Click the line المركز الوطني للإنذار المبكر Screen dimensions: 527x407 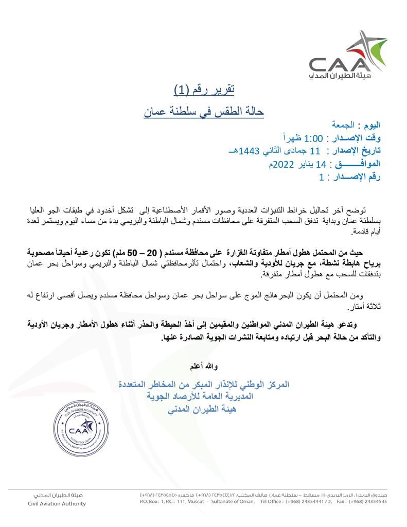(204, 385)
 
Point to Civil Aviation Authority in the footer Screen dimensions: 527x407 (57, 504)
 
